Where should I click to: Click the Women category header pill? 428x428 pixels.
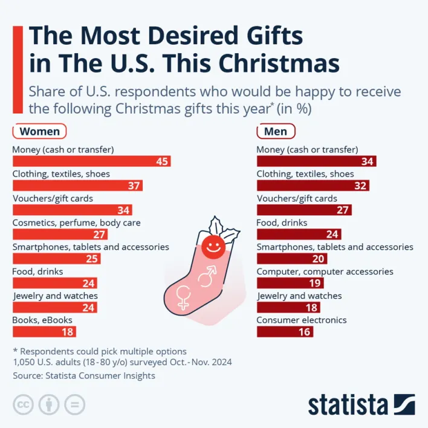click(39, 131)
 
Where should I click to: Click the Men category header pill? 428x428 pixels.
click(276, 131)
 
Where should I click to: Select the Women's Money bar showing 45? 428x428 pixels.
click(91, 161)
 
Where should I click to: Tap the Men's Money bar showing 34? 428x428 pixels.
click(316, 161)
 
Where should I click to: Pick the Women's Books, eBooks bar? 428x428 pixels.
click(44, 331)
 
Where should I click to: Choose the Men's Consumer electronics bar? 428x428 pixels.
click(285, 331)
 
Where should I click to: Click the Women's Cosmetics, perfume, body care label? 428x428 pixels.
click(76, 222)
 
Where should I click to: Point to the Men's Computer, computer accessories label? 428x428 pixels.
click(325, 271)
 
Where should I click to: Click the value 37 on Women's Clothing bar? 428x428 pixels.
click(134, 186)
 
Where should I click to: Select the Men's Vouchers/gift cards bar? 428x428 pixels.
click(304, 210)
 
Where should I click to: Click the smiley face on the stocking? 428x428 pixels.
click(213, 245)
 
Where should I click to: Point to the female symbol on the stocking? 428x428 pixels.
click(183, 297)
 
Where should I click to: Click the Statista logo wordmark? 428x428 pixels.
click(348, 404)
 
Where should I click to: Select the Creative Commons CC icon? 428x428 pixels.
click(24, 404)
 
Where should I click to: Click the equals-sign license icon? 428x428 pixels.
click(75, 404)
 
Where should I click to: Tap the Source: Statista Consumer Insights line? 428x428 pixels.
click(83, 375)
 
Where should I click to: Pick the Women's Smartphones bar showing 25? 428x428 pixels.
click(56, 259)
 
